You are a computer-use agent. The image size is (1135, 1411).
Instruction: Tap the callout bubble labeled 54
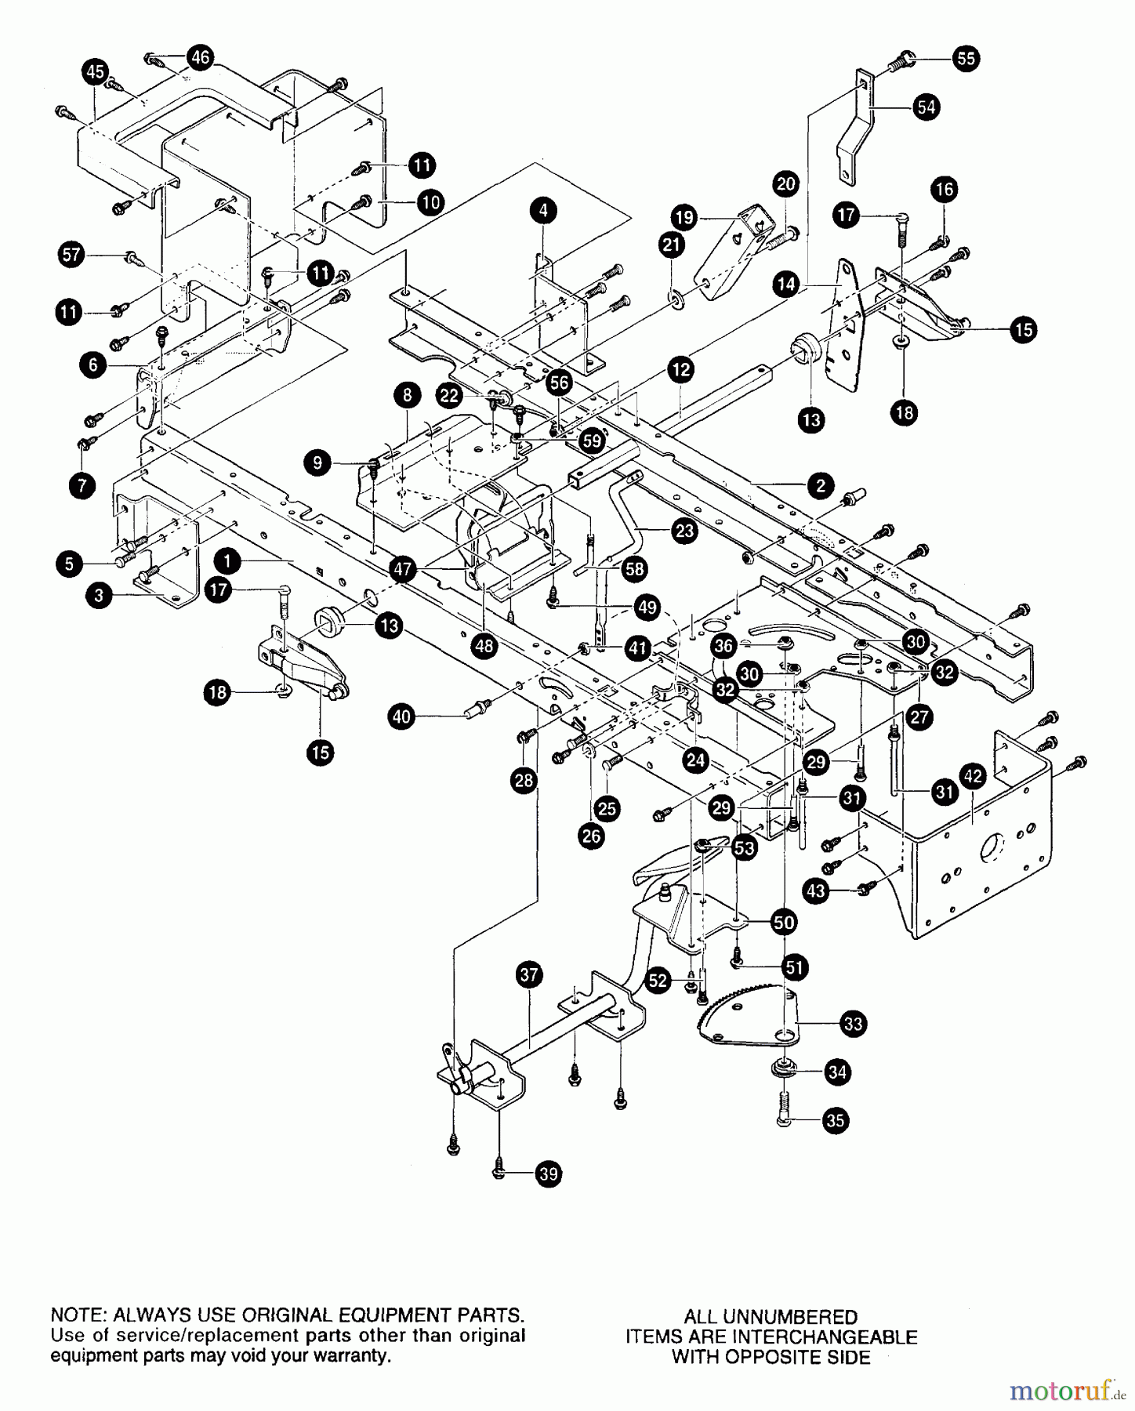click(926, 107)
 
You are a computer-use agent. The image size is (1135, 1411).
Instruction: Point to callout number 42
click(973, 778)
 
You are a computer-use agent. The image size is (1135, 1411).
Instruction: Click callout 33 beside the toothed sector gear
click(852, 1023)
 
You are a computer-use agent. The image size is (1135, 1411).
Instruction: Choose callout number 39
click(549, 1173)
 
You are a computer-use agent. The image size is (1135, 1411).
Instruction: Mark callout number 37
click(530, 975)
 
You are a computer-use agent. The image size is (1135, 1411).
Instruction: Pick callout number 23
click(684, 531)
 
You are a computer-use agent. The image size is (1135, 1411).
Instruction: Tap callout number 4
click(543, 210)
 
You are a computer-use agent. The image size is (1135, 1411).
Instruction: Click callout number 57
click(72, 255)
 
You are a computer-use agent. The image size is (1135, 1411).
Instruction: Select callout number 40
click(401, 716)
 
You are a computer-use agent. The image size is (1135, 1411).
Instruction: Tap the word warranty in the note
click(354, 1356)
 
